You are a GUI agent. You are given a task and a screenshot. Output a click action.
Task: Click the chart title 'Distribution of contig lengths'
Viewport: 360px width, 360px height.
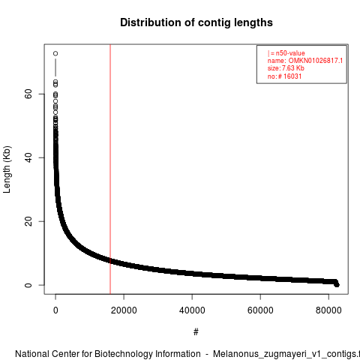click(196, 22)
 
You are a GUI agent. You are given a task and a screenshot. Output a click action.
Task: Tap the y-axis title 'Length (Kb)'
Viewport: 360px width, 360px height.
click(7, 169)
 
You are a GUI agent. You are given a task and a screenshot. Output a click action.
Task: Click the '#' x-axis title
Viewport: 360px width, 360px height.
click(196, 332)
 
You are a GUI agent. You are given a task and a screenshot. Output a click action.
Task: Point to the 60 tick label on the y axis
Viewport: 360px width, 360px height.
click(28, 94)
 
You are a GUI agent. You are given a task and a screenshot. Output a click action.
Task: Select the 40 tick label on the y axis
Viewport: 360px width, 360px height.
click(28, 157)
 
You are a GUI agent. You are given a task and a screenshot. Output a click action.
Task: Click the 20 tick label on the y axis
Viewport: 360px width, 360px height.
click(28, 221)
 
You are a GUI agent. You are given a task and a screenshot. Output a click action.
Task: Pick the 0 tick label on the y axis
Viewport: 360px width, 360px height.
click(28, 285)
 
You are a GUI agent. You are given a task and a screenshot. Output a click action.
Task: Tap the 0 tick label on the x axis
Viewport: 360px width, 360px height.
click(55, 310)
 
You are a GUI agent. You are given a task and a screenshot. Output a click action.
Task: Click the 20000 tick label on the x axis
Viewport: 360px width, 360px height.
click(124, 310)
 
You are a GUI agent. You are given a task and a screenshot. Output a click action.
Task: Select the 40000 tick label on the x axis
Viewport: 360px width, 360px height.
click(192, 310)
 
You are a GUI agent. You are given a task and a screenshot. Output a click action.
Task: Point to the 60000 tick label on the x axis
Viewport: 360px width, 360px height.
click(260, 310)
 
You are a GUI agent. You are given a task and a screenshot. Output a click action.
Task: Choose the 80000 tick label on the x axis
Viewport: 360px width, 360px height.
click(328, 310)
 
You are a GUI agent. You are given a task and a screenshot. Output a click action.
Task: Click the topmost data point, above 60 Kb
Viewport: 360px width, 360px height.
click(55, 53)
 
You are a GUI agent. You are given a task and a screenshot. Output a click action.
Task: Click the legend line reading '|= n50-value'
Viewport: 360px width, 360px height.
click(286, 53)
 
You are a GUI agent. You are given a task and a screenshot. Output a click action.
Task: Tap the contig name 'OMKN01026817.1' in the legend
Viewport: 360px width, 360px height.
click(316, 61)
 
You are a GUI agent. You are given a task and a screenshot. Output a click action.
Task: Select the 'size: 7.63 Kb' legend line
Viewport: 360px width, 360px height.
click(286, 68)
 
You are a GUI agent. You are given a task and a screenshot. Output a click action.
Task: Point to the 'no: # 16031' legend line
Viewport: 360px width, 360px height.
click(284, 76)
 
